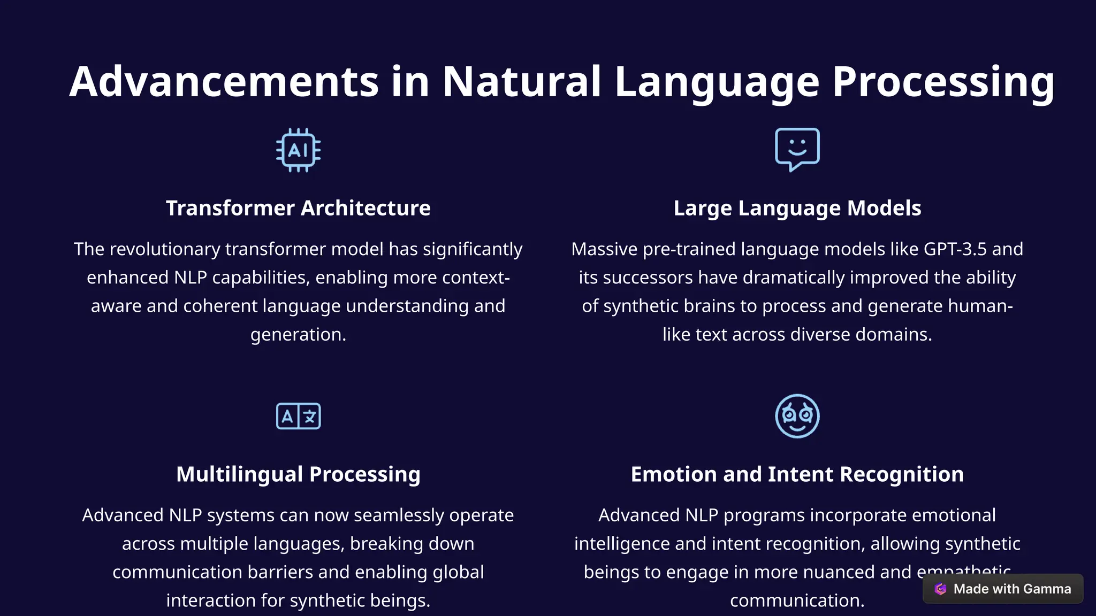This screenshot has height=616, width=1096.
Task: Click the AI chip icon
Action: (x=298, y=150)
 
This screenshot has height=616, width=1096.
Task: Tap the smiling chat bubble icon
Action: (x=797, y=149)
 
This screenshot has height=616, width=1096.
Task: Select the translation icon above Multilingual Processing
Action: (x=298, y=416)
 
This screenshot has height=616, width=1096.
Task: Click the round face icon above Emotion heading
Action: (x=797, y=416)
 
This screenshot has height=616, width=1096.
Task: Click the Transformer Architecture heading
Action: (x=298, y=208)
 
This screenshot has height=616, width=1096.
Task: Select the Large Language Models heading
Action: (x=797, y=208)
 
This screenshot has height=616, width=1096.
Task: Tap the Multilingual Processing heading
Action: (x=298, y=474)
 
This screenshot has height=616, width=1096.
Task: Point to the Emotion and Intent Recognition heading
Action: (x=797, y=474)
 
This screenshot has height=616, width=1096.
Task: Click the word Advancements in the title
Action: (x=224, y=82)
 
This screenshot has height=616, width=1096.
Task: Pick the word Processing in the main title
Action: (x=943, y=82)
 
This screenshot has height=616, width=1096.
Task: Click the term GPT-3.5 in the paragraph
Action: (x=955, y=249)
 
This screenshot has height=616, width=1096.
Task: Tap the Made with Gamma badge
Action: (x=1003, y=589)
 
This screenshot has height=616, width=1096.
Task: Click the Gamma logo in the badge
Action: (x=940, y=589)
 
